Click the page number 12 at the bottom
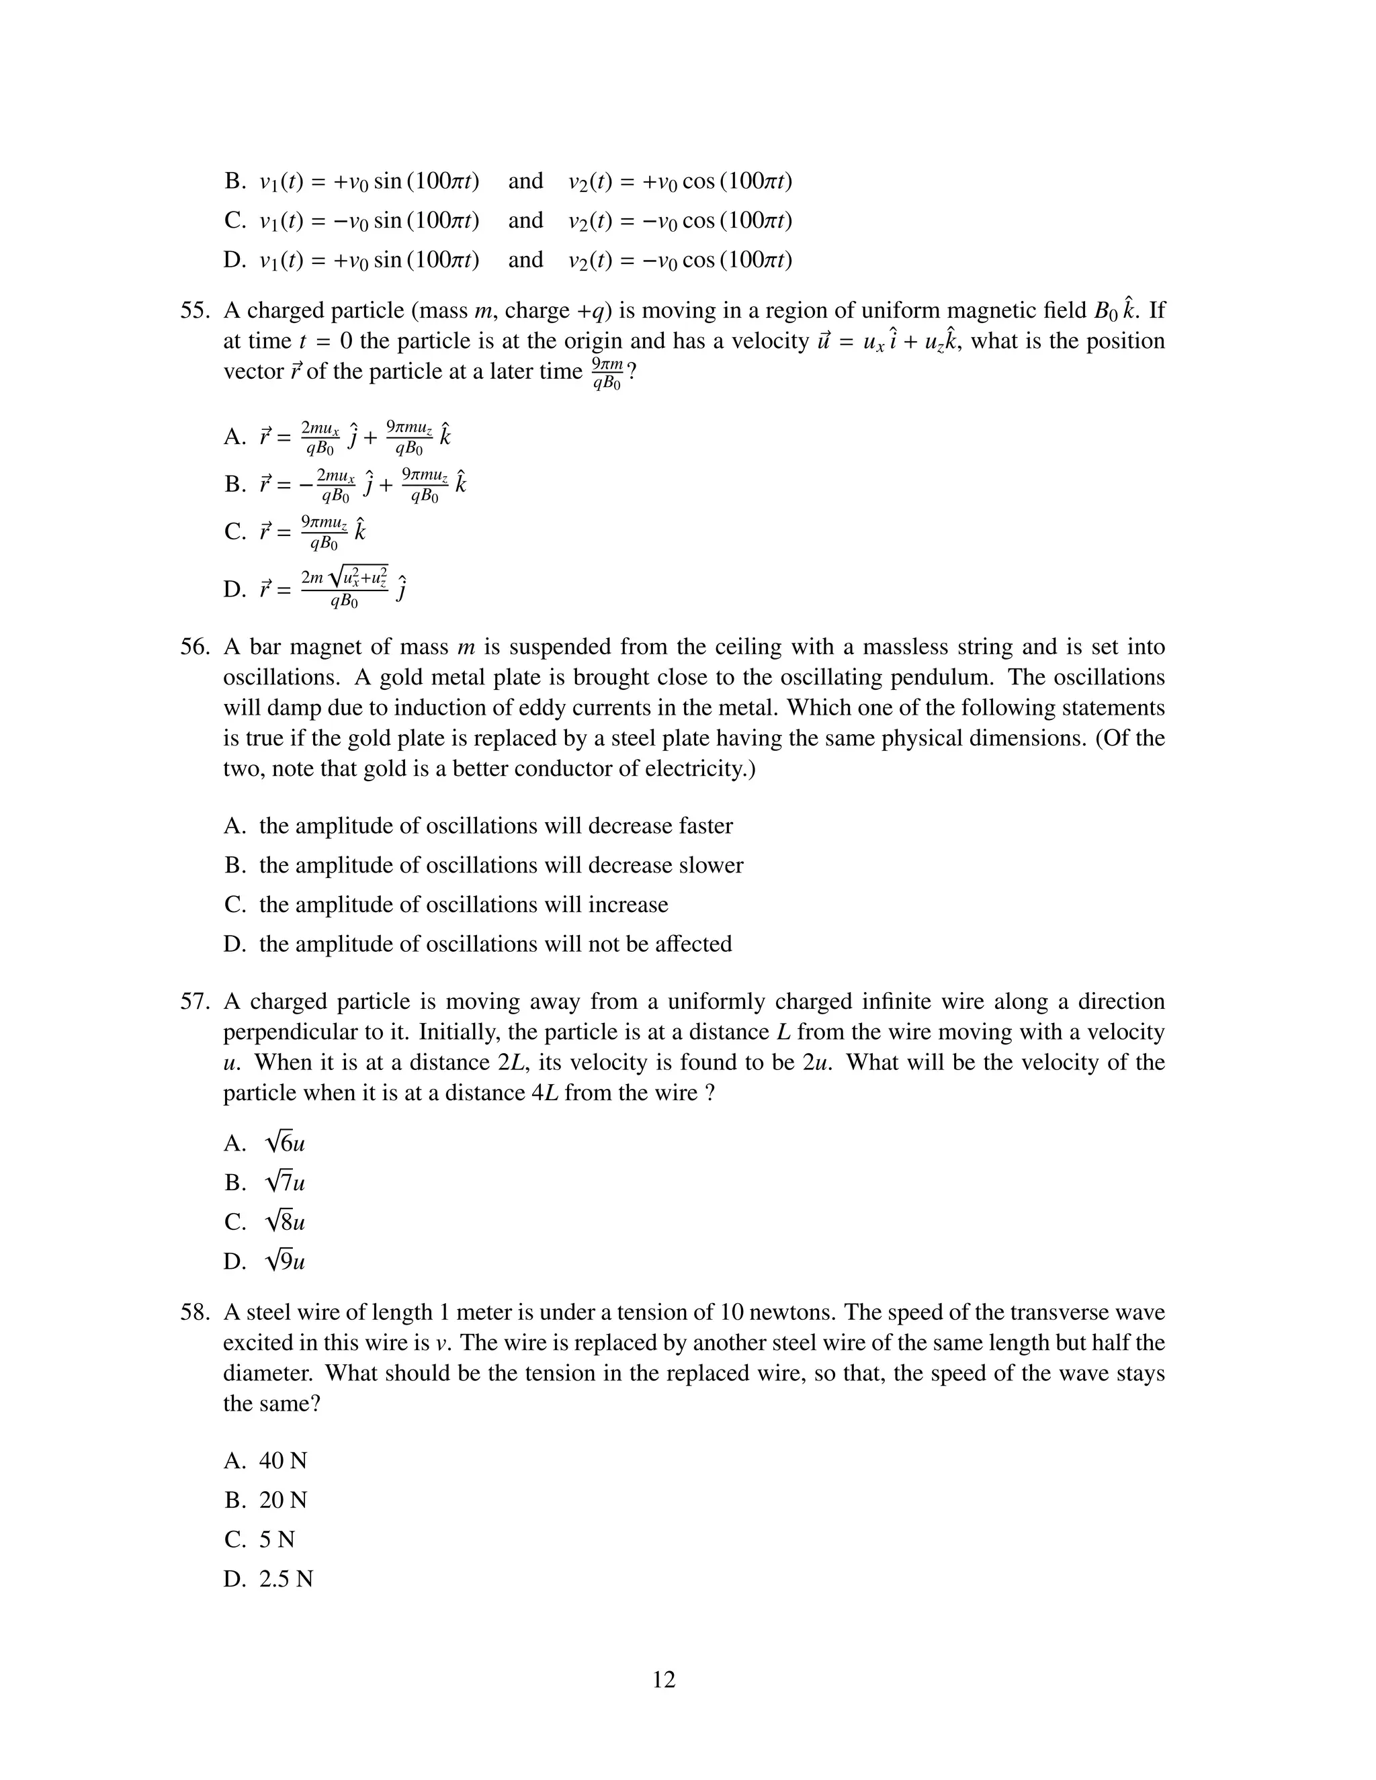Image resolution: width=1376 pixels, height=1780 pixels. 664,1680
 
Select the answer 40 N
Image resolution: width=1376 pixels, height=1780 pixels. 283,1460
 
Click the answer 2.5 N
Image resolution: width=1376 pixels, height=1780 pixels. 286,1578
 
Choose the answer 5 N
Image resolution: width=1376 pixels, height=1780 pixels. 277,1539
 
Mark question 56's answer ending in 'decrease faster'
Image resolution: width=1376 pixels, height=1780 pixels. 496,826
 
